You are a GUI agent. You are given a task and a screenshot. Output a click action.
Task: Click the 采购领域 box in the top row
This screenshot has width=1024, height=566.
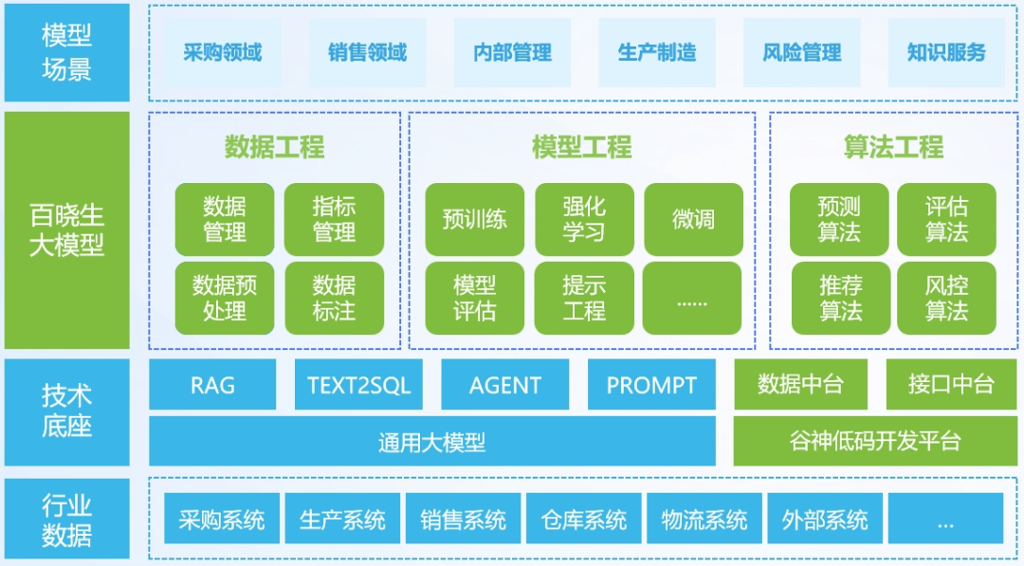pyautogui.click(x=222, y=53)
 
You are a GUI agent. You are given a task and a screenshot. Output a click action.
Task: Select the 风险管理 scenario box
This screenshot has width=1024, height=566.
pyautogui.click(x=801, y=53)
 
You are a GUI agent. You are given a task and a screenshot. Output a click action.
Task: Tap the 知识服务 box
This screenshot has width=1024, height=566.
pyautogui.click(x=946, y=53)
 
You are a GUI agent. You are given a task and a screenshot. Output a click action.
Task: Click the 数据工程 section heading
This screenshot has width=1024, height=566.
pyautogui.click(x=274, y=147)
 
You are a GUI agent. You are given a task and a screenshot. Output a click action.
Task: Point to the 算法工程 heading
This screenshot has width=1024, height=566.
pyautogui.click(x=893, y=147)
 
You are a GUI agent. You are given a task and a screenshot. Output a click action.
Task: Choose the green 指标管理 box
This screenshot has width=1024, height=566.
pyautogui.click(x=334, y=219)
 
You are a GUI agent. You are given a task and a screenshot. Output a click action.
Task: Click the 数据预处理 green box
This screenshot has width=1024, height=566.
pyautogui.click(x=225, y=298)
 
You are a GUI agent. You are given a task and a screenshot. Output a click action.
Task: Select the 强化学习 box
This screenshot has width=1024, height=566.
pyautogui.click(x=584, y=219)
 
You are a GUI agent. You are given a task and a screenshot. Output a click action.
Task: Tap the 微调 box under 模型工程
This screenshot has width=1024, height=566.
pyautogui.click(x=693, y=219)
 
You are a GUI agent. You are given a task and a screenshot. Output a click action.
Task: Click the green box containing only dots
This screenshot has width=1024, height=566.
pyautogui.click(x=693, y=298)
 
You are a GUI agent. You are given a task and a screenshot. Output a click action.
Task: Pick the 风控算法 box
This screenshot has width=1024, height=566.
pyautogui.click(x=946, y=298)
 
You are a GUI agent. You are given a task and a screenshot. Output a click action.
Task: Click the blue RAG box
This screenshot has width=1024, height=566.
pyautogui.click(x=212, y=385)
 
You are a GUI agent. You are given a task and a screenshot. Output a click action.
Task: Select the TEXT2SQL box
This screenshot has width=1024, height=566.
pyautogui.click(x=358, y=385)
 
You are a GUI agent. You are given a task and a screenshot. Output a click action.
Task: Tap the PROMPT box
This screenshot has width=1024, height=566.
pyautogui.click(x=651, y=385)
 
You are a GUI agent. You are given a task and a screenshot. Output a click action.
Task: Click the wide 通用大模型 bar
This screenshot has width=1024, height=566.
pyautogui.click(x=431, y=441)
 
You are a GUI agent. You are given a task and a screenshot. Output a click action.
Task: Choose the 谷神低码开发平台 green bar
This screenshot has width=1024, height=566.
pyautogui.click(x=874, y=441)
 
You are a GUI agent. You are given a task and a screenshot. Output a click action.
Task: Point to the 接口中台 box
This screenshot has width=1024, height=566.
pyautogui.click(x=950, y=385)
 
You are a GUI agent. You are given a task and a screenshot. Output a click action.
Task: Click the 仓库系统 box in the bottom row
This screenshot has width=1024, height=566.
pyautogui.click(x=583, y=520)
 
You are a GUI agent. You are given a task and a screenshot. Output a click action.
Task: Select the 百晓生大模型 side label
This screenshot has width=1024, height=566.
pyautogui.click(x=66, y=230)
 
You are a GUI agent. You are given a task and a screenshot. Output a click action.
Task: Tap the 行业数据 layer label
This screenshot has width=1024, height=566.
pyautogui.click(x=66, y=520)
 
